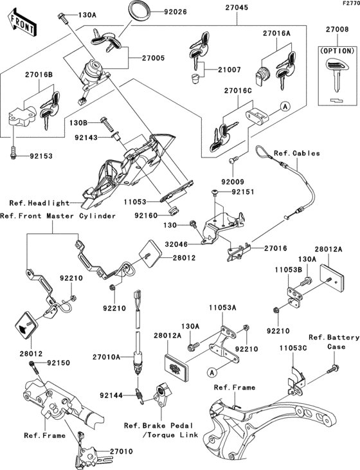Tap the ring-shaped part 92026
point(140,12)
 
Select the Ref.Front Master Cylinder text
point(58,215)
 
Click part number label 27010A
point(107,357)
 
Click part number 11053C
point(293,348)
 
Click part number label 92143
point(87,136)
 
